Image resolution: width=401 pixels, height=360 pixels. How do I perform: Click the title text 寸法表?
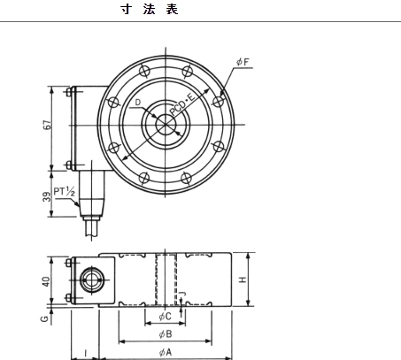tap(150, 9)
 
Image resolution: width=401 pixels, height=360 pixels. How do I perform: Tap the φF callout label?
tap(243, 62)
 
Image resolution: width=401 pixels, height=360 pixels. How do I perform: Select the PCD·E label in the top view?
tap(182, 104)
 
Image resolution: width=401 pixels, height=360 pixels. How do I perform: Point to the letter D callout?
tap(138, 103)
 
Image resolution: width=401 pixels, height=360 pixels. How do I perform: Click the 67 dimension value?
tap(47, 125)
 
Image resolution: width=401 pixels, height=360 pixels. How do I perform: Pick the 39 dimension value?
tap(47, 196)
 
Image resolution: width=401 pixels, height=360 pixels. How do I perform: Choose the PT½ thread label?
tap(64, 191)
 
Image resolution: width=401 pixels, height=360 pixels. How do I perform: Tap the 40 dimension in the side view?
tap(46, 281)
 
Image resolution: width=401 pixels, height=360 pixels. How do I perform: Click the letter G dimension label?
tap(44, 318)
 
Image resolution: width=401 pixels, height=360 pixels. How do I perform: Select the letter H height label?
tap(243, 280)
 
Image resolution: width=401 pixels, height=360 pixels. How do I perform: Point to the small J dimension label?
tap(183, 294)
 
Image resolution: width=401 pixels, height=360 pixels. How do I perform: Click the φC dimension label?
tap(165, 317)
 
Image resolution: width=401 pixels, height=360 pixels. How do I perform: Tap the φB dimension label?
tap(166, 334)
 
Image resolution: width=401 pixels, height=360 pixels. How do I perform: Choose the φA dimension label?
tap(166, 352)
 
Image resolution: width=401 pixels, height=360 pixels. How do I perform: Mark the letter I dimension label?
tap(86, 353)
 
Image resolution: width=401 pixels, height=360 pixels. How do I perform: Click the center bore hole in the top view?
tap(166, 125)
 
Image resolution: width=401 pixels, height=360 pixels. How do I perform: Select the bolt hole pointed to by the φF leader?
tap(218, 102)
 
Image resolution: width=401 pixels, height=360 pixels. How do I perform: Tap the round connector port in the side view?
tap(92, 280)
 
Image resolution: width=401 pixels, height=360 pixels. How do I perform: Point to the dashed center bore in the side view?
tap(166, 280)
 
